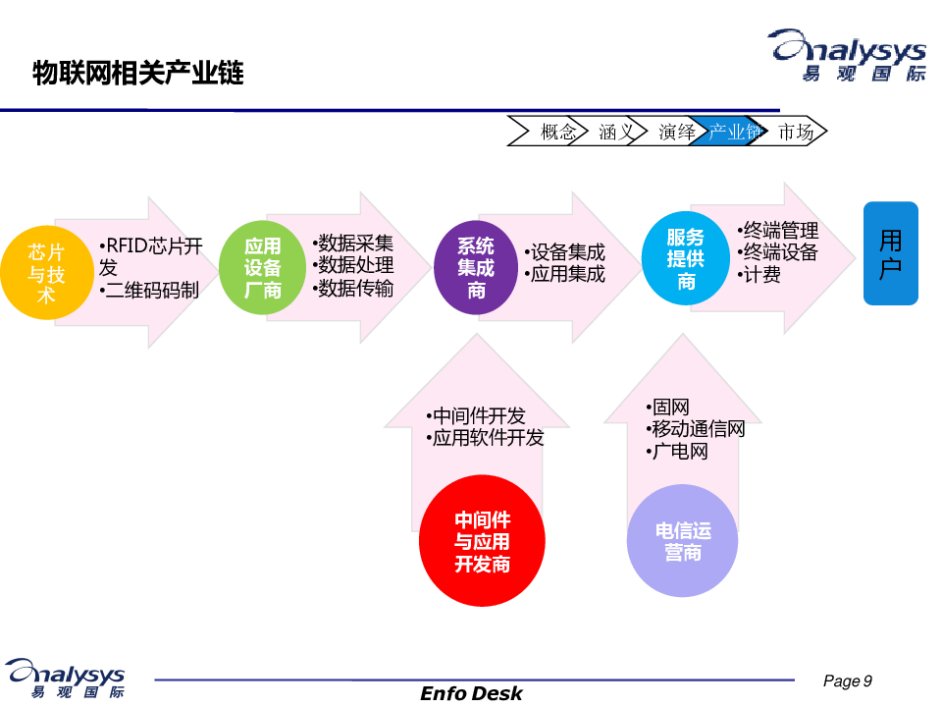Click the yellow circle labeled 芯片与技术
(46, 272)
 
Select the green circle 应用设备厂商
(262, 268)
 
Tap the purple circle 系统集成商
(476, 267)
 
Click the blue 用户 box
(890, 253)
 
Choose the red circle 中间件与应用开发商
(482, 542)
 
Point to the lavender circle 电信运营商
(683, 542)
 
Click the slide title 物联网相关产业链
(138, 74)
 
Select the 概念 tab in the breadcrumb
(556, 132)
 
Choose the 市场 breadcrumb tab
(795, 132)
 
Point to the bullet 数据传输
(355, 288)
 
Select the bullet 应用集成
(566, 274)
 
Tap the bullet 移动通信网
(698, 429)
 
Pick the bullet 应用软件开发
(487, 438)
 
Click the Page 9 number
(847, 681)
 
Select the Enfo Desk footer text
(471, 693)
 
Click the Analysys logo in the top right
(846, 55)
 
